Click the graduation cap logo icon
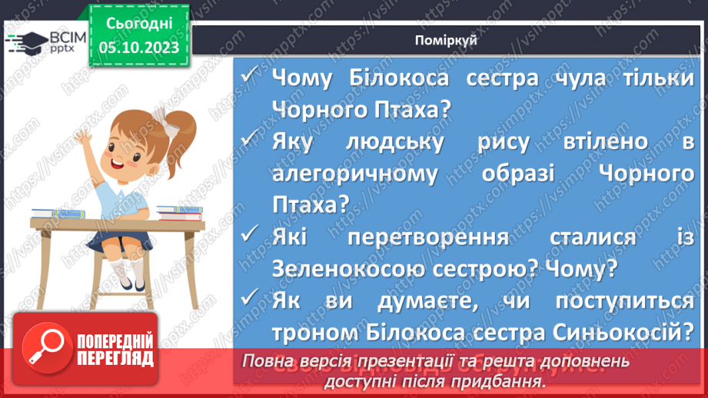pyautogui.click(x=25, y=42)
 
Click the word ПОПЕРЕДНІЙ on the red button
pyautogui.click(x=113, y=342)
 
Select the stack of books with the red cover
pyautogui.click(x=179, y=212)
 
